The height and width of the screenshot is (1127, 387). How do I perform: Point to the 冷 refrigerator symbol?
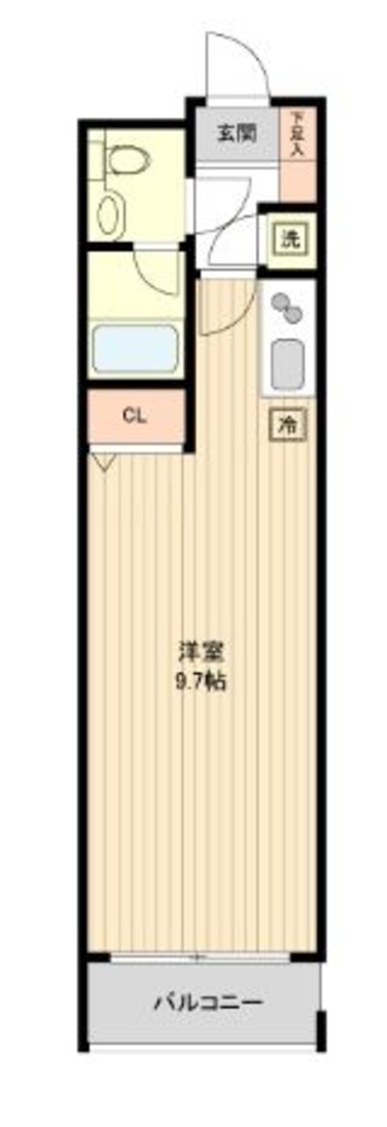coord(287,424)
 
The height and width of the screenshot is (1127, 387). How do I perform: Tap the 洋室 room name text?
coord(201,652)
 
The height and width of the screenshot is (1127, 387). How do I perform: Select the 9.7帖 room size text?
coord(201,681)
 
